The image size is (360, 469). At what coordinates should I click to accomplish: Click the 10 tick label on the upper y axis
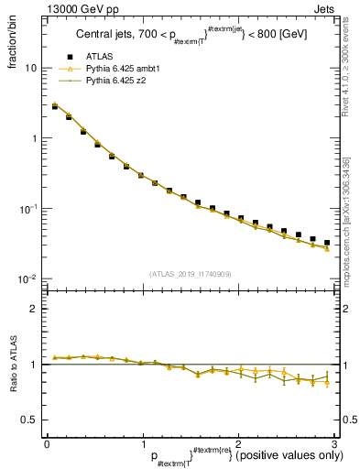pyautogui.click(x=31, y=69)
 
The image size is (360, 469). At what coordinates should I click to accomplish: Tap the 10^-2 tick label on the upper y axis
pyautogui.click(x=29, y=278)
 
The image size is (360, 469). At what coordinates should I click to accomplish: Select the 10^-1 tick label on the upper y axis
pyautogui.click(x=29, y=209)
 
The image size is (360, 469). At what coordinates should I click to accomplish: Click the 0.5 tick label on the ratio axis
pyautogui.click(x=28, y=420)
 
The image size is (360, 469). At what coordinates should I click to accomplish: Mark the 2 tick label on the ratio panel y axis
pyautogui.click(x=33, y=309)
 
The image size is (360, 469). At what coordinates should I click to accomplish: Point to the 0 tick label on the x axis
pyautogui.click(x=47, y=443)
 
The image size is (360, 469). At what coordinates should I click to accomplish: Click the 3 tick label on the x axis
pyautogui.click(x=334, y=443)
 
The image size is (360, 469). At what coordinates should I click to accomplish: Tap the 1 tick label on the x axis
pyautogui.click(x=143, y=443)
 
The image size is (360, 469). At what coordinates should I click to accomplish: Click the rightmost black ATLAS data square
pyautogui.click(x=327, y=243)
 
